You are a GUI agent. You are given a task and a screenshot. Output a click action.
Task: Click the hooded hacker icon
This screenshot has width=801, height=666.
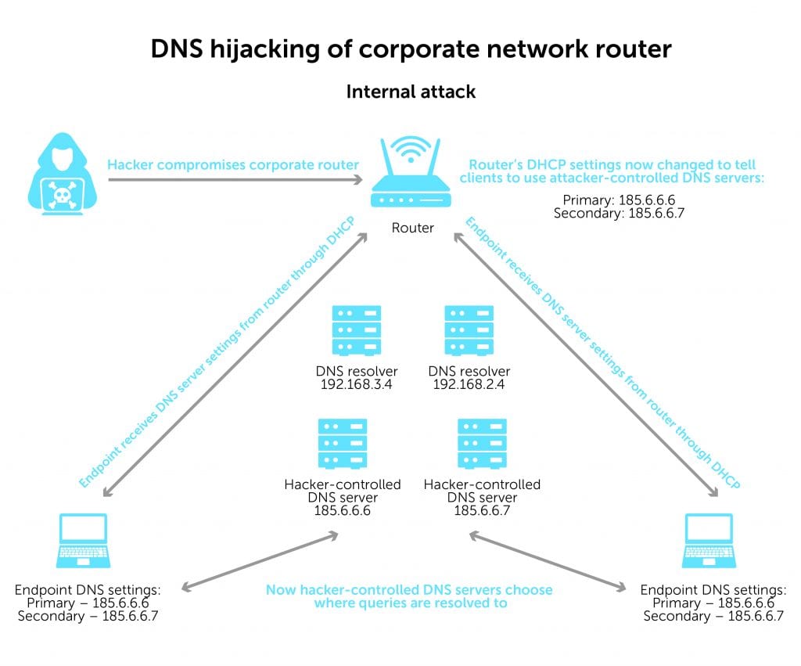(x=59, y=176)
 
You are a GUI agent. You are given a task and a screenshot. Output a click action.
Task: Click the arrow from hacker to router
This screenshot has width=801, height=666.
(x=235, y=180)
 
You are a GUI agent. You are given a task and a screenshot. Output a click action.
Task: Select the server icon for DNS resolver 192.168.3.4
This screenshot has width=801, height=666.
(x=357, y=331)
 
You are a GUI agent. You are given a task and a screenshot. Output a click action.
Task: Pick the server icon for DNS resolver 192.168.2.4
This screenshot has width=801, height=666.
(x=469, y=331)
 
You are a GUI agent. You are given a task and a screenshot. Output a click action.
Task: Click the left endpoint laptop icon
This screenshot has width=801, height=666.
(x=83, y=541)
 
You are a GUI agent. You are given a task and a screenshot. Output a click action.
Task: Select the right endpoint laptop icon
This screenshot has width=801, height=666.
(x=708, y=541)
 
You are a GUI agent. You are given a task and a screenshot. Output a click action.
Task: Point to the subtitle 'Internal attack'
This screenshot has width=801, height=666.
(x=411, y=92)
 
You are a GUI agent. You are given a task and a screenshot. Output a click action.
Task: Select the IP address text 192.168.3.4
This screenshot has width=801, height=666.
(x=357, y=384)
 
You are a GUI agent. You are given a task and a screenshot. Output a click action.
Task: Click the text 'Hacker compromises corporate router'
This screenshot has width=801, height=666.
(x=233, y=164)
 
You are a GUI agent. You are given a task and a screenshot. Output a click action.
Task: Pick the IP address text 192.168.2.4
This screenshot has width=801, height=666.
(x=469, y=384)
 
